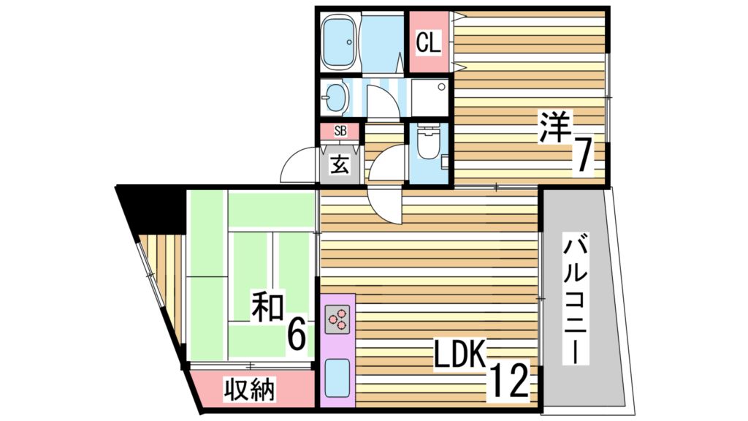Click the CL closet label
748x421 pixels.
coord(428,43)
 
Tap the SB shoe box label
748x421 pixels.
coord(340,132)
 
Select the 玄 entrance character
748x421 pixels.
coord(340,164)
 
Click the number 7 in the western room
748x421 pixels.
coord(582,155)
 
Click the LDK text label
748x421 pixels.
coord(459,356)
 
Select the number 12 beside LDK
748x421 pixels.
coord(508,380)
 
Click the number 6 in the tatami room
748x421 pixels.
coord(296,335)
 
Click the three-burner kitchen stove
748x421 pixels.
coord(337,320)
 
